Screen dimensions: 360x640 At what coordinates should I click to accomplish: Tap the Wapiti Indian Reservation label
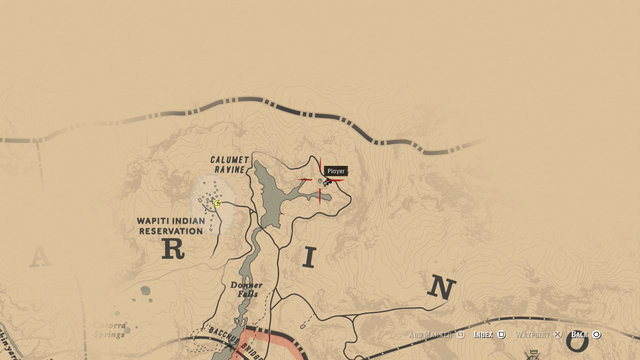tap(170, 225)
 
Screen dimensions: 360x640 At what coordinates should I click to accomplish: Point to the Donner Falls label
tap(246, 289)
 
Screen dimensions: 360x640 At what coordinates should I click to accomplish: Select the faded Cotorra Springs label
tap(110, 329)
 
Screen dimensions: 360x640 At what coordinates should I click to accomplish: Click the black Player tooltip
tap(336, 171)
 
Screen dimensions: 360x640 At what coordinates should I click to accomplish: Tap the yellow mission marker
tap(218, 203)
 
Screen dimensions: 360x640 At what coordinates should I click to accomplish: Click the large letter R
tap(173, 250)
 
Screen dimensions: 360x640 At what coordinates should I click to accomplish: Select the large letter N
tap(440, 289)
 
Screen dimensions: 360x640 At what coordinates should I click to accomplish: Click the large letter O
tap(577, 344)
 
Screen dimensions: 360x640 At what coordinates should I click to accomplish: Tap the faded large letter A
tap(39, 258)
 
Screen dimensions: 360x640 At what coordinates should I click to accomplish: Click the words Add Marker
tap(431, 334)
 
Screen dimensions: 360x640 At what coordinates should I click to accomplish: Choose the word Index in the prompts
tap(484, 334)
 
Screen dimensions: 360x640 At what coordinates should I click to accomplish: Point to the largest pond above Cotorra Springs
tap(147, 292)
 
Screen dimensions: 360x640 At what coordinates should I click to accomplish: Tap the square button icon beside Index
tap(502, 334)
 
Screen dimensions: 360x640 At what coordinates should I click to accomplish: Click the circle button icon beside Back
tap(597, 334)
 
